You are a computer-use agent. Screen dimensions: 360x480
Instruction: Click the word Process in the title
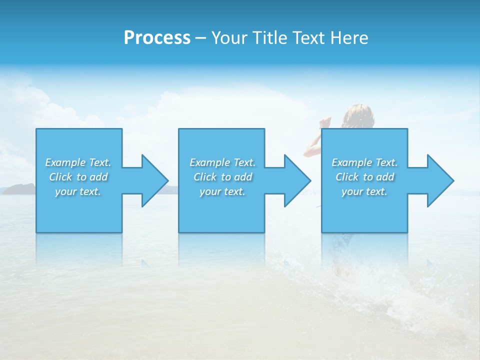tap(157, 38)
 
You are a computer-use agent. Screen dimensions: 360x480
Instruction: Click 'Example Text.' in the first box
tap(78, 162)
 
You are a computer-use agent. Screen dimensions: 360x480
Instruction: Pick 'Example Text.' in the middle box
tap(222, 162)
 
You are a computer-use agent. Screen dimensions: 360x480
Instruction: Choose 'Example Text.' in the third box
tap(364, 162)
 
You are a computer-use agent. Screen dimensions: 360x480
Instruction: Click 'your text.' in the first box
tap(78, 191)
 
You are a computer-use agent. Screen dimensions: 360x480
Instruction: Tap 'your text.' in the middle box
tap(222, 191)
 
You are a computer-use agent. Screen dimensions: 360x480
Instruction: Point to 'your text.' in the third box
tap(364, 191)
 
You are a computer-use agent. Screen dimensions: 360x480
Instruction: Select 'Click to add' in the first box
tap(78, 177)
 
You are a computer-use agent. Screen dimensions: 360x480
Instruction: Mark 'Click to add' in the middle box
tap(222, 177)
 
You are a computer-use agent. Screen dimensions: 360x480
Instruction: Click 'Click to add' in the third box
tap(364, 177)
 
